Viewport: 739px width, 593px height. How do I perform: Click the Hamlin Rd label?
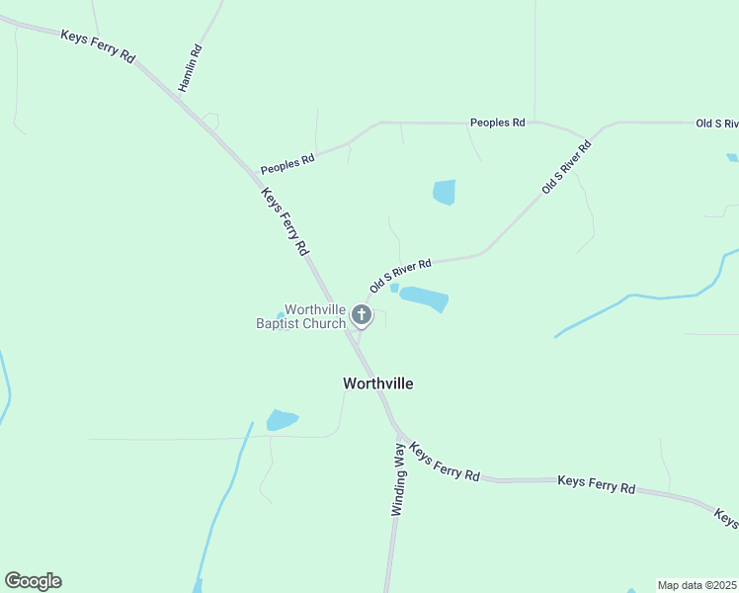pyautogui.click(x=190, y=69)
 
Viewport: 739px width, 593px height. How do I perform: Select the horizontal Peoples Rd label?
pyautogui.click(x=497, y=123)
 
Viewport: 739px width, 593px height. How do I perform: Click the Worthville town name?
pyautogui.click(x=377, y=383)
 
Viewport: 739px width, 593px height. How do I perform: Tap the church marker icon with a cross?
pyautogui.click(x=362, y=315)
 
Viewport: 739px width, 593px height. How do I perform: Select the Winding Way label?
pyautogui.click(x=398, y=480)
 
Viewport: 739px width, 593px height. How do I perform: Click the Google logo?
pyautogui.click(x=33, y=581)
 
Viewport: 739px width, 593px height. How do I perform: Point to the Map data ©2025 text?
pyautogui.click(x=698, y=585)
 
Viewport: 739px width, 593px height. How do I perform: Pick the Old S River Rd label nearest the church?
pyautogui.click(x=400, y=276)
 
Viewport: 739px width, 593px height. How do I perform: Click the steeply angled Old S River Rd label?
pyautogui.click(x=566, y=166)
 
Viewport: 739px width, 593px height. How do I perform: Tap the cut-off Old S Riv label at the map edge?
pyautogui.click(x=717, y=124)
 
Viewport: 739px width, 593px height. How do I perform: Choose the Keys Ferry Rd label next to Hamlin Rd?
pyautogui.click(x=97, y=46)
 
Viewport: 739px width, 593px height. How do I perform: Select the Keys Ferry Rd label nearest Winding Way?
pyautogui.click(x=445, y=462)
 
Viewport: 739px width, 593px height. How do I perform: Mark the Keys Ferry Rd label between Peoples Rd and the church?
pyautogui.click(x=285, y=222)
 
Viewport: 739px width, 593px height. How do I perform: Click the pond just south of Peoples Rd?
pyautogui.click(x=445, y=192)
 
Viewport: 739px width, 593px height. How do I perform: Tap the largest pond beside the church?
pyautogui.click(x=424, y=298)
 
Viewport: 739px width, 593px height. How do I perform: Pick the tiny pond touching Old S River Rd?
pyautogui.click(x=394, y=289)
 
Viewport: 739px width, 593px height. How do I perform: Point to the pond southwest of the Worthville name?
pyautogui.click(x=281, y=420)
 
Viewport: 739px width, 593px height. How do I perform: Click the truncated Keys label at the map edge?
pyautogui.click(x=726, y=518)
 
